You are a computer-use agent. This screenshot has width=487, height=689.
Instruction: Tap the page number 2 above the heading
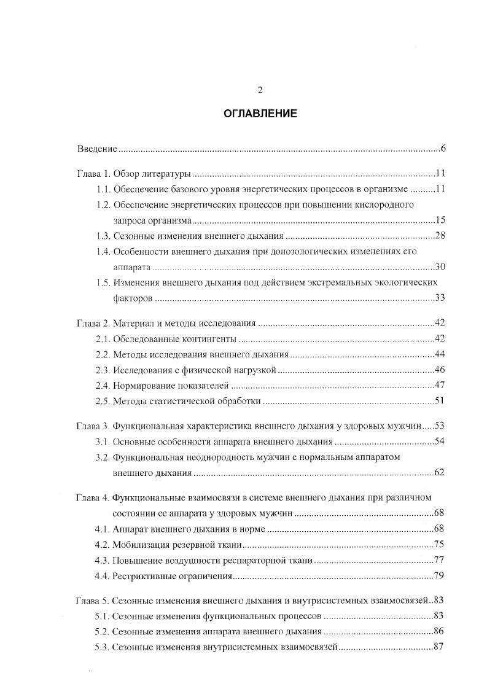259,90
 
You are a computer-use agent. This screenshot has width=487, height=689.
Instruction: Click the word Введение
97,149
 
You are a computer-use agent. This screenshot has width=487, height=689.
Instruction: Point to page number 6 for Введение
442,149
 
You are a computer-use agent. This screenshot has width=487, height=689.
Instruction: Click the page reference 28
440,236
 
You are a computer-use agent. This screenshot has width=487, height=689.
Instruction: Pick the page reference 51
440,401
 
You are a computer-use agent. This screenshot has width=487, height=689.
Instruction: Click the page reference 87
440,647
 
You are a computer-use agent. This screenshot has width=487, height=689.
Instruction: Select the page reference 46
440,370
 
